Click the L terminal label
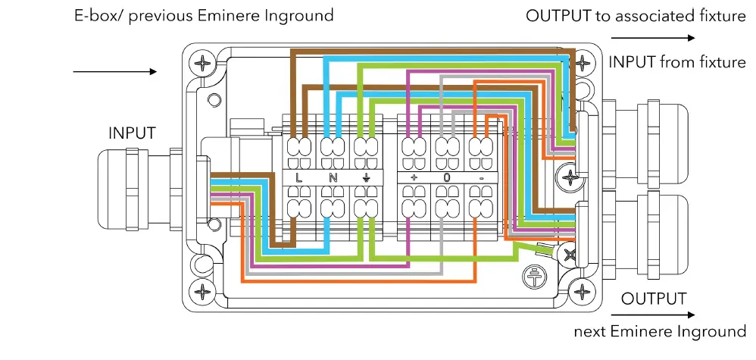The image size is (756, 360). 299,178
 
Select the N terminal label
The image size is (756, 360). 333,178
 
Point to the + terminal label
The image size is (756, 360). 414,178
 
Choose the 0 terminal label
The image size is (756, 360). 446,178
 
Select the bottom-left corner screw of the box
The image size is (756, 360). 203,290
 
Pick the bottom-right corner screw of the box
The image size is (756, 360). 583,290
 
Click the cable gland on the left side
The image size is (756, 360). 133,189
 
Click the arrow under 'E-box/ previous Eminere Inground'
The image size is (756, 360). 114,72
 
